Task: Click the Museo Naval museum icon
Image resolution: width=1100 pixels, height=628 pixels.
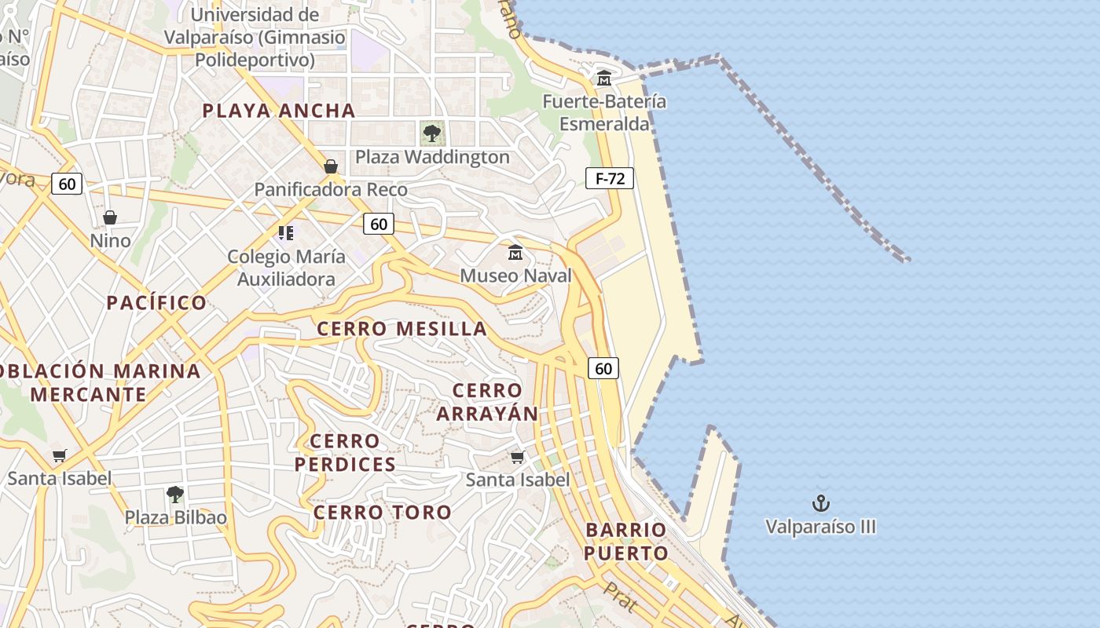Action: point(515,253)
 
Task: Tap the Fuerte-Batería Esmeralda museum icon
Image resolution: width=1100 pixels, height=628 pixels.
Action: point(604,78)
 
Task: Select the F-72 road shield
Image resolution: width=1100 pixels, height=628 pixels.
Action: point(610,178)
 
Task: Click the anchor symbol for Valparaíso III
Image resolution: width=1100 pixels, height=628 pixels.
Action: point(821,503)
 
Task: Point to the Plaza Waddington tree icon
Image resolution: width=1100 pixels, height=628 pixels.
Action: point(431,133)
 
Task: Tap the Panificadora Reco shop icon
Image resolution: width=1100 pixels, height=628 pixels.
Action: point(331,166)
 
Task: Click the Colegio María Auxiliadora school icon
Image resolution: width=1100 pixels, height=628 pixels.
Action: point(286,233)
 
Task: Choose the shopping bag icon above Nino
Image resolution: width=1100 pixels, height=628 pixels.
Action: point(110,217)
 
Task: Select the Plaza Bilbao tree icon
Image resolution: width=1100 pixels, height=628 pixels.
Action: point(175,495)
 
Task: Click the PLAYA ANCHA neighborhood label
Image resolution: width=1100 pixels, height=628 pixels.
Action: point(279,111)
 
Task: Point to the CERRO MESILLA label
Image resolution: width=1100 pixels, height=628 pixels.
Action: point(402,328)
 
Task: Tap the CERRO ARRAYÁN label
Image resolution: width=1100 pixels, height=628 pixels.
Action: point(487,402)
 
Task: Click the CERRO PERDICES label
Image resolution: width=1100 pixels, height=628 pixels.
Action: point(346,452)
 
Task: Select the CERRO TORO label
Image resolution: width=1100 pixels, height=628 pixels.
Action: point(383,513)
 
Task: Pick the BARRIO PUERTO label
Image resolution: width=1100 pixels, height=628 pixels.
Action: point(626,541)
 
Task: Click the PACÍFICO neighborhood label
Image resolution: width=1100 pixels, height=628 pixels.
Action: point(156,302)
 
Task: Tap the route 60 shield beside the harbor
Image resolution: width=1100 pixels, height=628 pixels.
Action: point(603,368)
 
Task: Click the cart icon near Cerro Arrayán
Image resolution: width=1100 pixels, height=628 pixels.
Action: point(517,456)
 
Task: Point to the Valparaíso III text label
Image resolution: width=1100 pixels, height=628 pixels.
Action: point(821,527)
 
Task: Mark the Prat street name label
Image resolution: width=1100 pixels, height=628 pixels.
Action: point(621,597)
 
